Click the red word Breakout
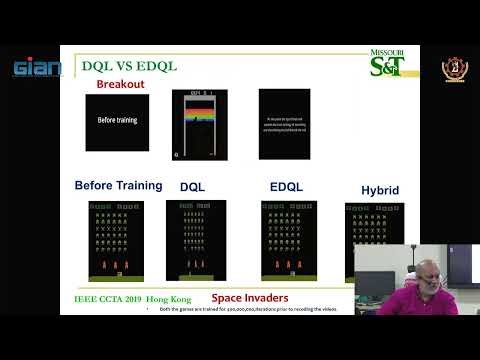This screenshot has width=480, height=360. click(x=121, y=84)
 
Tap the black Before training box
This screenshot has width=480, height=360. click(x=117, y=122)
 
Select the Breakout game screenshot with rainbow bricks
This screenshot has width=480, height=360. click(x=199, y=125)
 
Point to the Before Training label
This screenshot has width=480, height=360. click(x=119, y=185)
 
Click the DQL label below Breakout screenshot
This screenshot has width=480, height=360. click(x=192, y=187)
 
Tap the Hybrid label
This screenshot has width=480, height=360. click(x=380, y=190)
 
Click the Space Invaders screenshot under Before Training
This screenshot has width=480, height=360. click(x=115, y=240)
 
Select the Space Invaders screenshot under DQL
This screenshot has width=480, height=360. click(x=196, y=240)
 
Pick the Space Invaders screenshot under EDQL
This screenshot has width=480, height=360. click(x=289, y=240)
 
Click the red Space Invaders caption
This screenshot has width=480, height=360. click(x=250, y=298)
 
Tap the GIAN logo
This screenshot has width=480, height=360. click(x=37, y=69)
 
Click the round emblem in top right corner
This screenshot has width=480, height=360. click(x=454, y=68)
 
